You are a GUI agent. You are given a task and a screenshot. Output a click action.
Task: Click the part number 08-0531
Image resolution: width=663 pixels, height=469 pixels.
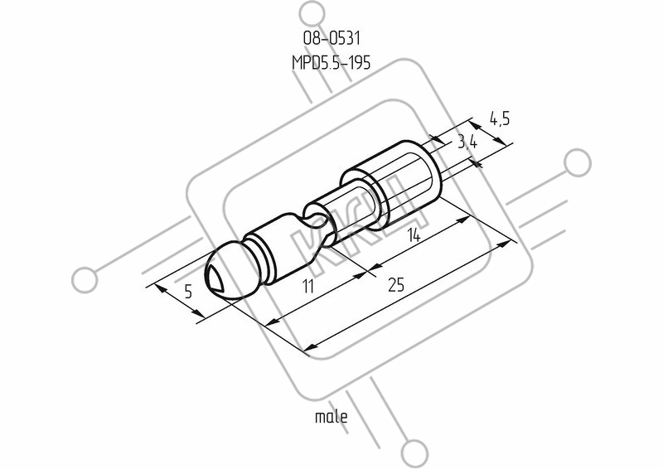(331, 38)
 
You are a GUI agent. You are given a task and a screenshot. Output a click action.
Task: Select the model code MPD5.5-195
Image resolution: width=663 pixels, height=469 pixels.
(331, 63)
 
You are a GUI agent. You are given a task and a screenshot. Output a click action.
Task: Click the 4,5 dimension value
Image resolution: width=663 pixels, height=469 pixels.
(500, 118)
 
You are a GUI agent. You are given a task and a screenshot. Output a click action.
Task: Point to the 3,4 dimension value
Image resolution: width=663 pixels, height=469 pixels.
(467, 143)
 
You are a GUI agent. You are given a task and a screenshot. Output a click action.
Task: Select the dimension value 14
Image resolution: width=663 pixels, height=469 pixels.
(414, 235)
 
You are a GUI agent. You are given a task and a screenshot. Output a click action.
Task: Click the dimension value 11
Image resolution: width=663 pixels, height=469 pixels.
(308, 287)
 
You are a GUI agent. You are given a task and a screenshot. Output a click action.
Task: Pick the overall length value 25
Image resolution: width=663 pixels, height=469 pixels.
(396, 285)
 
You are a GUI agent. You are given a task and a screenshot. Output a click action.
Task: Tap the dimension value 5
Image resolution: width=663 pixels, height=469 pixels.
(189, 292)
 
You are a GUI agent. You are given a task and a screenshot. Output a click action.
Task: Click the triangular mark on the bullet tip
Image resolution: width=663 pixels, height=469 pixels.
(215, 278)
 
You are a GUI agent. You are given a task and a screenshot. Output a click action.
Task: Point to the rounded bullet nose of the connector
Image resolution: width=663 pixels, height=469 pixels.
(230, 273)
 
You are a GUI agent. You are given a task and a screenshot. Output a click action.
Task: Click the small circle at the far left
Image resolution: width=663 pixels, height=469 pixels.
(85, 280)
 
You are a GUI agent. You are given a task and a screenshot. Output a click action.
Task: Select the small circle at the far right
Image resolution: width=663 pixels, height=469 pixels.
(578, 162)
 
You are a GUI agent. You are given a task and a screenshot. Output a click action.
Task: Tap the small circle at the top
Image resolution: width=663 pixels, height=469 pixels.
(313, 14)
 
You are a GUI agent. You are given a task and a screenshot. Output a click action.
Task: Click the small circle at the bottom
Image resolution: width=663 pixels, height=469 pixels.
(416, 453)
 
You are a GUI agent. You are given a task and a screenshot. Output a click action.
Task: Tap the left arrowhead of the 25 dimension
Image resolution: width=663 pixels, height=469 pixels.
(312, 347)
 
